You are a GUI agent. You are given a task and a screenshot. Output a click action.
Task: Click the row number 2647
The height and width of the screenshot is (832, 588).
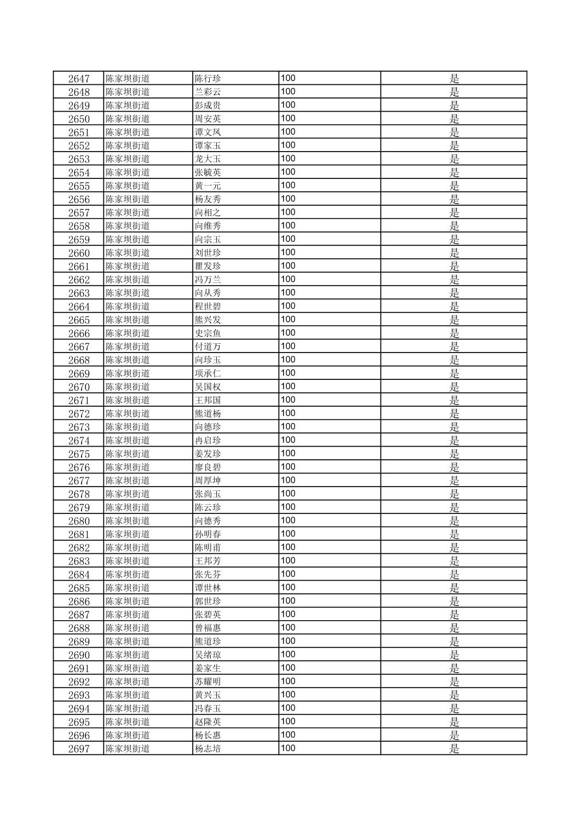(x=78, y=78)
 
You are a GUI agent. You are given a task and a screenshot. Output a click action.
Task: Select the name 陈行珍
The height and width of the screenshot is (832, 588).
(x=207, y=78)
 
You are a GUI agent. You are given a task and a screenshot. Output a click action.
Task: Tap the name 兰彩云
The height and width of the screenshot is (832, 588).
(x=207, y=92)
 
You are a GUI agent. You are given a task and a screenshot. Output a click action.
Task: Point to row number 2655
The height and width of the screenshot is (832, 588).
(x=78, y=186)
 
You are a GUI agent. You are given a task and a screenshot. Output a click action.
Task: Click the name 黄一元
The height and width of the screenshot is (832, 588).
(x=207, y=186)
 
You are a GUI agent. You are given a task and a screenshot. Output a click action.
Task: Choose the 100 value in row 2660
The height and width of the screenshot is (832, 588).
(x=288, y=252)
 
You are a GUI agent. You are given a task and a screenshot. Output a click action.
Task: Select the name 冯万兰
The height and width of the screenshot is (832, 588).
(x=207, y=280)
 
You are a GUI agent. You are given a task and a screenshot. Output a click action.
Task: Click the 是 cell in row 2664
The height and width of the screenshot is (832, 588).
(x=454, y=307)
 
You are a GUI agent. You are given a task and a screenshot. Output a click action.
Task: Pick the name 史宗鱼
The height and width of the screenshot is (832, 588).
(x=207, y=333)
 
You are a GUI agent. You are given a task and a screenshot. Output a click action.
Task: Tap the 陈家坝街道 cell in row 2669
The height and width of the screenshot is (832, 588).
(x=128, y=373)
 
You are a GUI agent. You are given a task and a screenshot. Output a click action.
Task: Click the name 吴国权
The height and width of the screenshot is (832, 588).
(x=207, y=387)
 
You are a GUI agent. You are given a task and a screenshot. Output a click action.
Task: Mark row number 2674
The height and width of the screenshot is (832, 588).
(x=78, y=441)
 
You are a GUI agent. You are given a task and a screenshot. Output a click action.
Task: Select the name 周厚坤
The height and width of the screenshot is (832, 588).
(x=207, y=481)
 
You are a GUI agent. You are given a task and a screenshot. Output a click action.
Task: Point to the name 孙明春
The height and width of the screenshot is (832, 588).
(x=207, y=534)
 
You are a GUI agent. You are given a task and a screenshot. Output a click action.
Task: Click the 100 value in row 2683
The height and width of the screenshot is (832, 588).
(x=288, y=561)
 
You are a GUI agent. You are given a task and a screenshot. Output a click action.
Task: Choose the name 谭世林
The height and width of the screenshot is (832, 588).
(x=207, y=588)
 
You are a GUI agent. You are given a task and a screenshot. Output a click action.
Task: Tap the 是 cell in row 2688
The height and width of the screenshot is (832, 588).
(x=454, y=628)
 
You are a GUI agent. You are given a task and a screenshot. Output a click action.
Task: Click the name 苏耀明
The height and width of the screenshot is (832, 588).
(x=207, y=681)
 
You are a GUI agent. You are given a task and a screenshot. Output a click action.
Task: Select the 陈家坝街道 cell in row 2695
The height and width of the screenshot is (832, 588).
(x=128, y=722)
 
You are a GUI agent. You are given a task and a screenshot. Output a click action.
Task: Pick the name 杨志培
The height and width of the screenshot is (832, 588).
(x=207, y=749)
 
